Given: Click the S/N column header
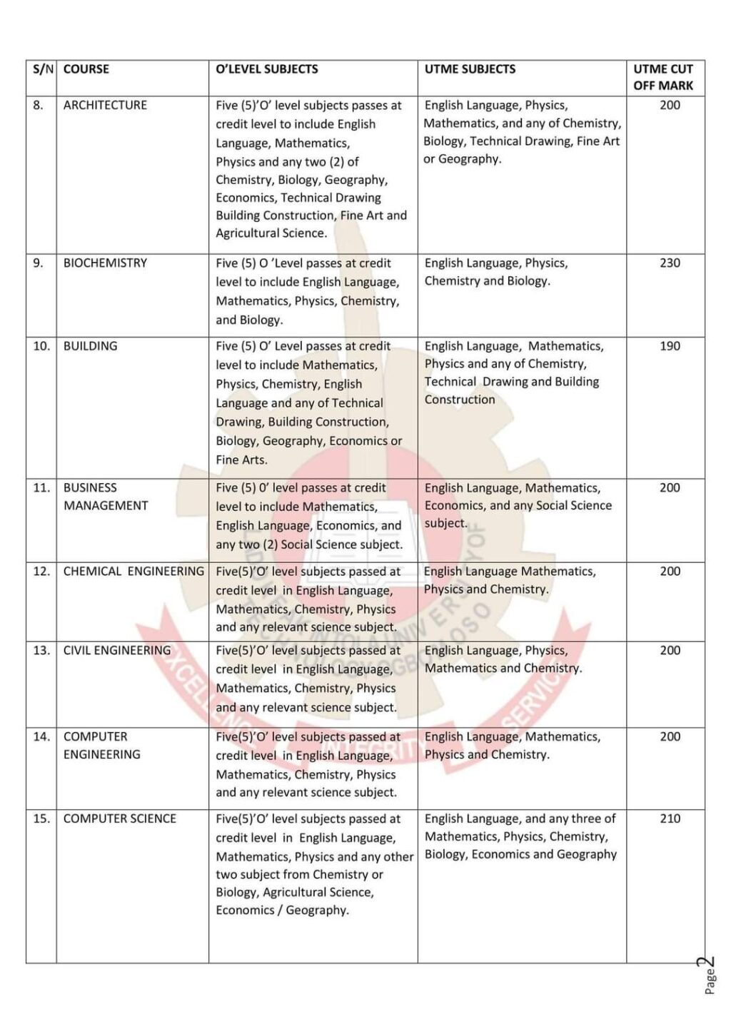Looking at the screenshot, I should (x=42, y=69).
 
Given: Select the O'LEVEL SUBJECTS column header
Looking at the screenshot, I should (x=266, y=69).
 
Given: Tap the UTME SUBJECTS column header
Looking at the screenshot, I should (x=469, y=69).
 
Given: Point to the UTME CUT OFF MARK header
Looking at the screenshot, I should (x=662, y=77).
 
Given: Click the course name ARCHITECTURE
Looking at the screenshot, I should (x=105, y=105).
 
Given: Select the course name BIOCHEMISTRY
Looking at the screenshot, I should (x=105, y=263).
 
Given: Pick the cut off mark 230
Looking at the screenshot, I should (x=670, y=263).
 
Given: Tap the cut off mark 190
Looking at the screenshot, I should (x=670, y=346).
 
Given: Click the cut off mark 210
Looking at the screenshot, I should (x=670, y=818).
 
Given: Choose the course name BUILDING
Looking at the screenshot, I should (x=90, y=346).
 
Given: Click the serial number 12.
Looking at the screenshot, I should (x=41, y=572).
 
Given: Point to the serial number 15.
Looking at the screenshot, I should (x=41, y=818).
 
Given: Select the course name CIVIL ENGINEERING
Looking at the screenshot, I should (x=117, y=651).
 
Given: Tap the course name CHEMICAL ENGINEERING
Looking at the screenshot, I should (x=133, y=572).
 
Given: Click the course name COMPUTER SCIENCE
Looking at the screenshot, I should (x=119, y=818).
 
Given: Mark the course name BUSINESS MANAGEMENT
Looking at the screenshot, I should (x=105, y=497).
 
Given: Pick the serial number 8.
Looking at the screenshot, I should (x=38, y=105).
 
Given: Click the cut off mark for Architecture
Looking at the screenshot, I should (x=670, y=105).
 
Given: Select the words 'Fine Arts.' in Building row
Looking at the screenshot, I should (x=241, y=460).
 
